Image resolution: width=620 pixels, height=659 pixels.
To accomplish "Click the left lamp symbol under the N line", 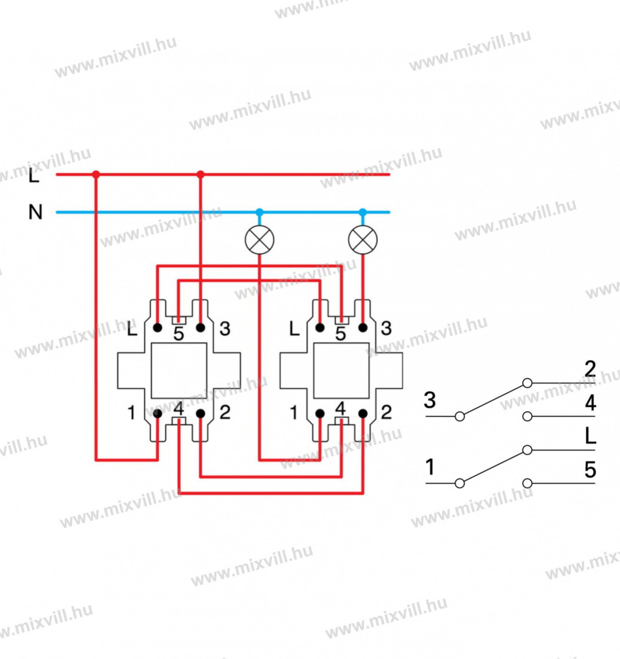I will point(259,240).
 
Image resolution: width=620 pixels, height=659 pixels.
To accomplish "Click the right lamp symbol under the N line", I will point(363,240).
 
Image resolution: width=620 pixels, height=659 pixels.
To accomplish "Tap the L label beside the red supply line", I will point(34,177).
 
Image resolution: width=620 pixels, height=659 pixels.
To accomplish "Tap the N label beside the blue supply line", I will point(36,213).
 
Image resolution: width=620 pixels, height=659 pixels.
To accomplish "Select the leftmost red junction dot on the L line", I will point(96,175).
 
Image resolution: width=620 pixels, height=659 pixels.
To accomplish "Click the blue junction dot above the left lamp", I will point(259,212).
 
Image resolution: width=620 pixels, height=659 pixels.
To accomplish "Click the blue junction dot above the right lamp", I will point(363,212).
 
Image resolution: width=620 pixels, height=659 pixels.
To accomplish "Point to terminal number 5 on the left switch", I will point(179,334).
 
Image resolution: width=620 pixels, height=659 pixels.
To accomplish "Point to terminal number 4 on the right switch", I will point(341,408).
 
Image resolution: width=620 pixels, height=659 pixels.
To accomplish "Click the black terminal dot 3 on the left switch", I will point(200,328).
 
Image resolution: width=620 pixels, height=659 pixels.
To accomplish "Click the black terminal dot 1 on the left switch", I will point(157,414).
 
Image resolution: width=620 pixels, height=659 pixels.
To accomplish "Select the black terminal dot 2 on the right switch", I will point(363,414).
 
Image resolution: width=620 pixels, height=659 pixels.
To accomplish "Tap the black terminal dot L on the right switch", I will point(320,328).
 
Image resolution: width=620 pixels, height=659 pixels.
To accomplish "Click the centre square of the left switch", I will point(179,371).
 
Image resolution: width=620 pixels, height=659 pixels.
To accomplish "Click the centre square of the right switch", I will point(341,371).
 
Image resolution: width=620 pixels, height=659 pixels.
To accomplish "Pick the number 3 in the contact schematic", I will point(430,400).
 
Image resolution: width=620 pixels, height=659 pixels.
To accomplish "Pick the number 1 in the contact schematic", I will point(430,468).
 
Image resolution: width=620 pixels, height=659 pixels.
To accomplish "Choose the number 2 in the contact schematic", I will point(590,369).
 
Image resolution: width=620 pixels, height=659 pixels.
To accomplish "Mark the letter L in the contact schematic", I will point(590,436).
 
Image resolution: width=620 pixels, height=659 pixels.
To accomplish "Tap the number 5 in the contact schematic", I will point(590,470).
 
